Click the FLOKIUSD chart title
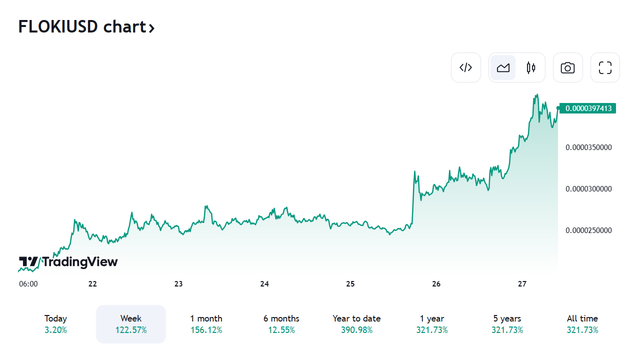(x=86, y=27)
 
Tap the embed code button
(x=465, y=67)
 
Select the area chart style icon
(x=503, y=67)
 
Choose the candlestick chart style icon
(x=531, y=67)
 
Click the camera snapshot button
(x=567, y=67)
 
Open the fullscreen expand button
(x=605, y=67)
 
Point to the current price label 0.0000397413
(x=588, y=108)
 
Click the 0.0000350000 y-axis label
(x=588, y=147)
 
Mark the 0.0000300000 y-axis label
(x=588, y=189)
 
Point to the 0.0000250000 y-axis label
(x=588, y=230)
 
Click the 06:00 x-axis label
(x=28, y=284)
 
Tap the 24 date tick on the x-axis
(x=264, y=284)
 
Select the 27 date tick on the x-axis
(x=522, y=284)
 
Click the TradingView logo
(x=68, y=262)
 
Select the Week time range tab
(x=131, y=323)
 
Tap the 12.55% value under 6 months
(x=281, y=330)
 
